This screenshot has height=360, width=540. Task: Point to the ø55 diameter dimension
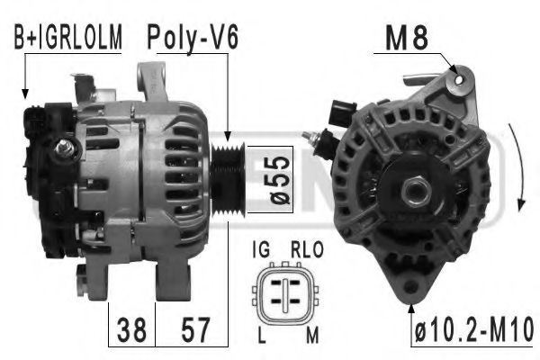point(278,179)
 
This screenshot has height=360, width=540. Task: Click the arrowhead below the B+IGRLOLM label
point(25,92)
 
